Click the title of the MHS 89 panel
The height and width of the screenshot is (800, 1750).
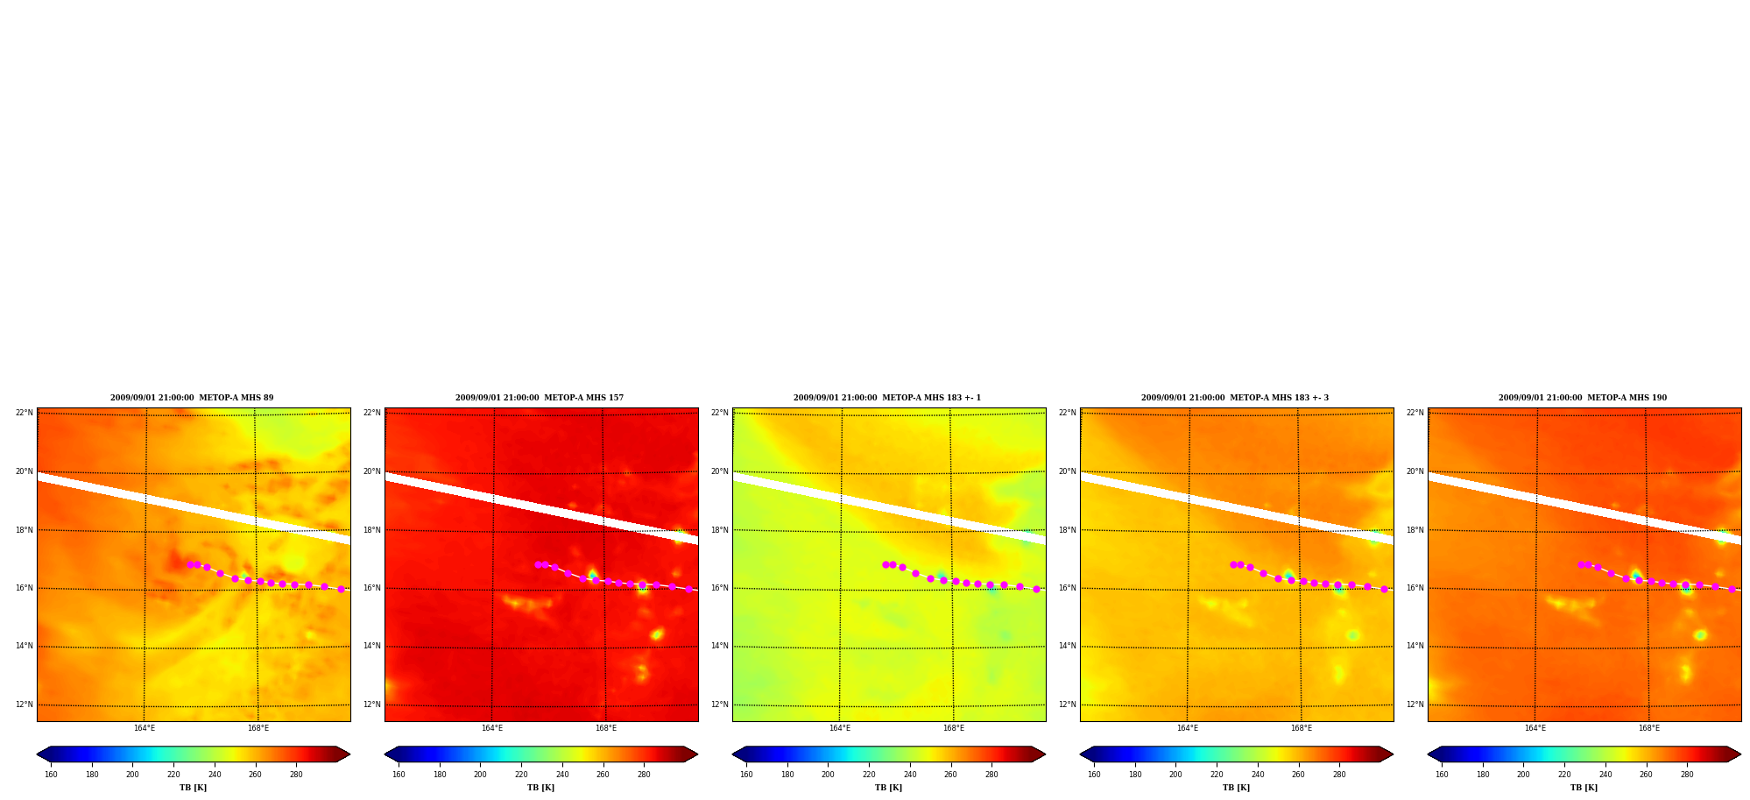point(192,398)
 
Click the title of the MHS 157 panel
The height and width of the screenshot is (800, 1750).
point(540,398)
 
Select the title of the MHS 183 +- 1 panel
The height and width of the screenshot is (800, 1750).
point(887,398)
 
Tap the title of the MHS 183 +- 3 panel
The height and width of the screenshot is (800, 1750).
point(1235,398)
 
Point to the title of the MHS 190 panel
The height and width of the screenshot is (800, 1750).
point(1583,398)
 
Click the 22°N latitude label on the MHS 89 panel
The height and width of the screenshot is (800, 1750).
point(24,413)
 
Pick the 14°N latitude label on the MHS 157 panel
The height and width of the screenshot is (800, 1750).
point(371,646)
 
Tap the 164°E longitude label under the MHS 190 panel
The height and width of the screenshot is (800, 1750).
point(1535,728)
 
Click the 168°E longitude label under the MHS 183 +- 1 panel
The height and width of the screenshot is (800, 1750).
point(953,728)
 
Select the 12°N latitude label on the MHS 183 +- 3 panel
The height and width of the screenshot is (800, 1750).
point(1067,704)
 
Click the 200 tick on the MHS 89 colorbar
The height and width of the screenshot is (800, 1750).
point(132,775)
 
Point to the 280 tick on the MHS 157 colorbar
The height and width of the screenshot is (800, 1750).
point(644,775)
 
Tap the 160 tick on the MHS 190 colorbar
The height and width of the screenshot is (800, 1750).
point(1442,775)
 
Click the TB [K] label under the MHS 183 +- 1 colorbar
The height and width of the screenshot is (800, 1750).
point(888,788)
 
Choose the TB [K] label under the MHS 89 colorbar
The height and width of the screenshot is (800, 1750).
point(193,788)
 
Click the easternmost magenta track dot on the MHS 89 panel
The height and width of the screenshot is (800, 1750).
point(341,589)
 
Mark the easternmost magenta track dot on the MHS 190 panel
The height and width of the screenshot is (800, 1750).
point(1732,589)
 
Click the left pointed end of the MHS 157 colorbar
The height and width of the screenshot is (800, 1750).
point(385,754)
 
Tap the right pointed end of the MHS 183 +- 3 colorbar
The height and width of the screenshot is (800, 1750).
point(1392,754)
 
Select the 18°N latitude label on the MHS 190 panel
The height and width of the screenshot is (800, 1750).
point(1415,530)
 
